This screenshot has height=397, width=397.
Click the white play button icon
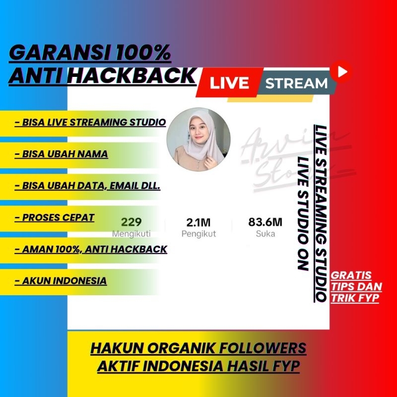coord(341,71)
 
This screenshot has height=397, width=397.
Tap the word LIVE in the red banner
coord(229,83)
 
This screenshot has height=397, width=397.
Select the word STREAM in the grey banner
coord(296,83)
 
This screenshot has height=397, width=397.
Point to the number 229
coord(132,222)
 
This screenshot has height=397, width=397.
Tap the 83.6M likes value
coord(265,222)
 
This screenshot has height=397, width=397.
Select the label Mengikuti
coord(132,234)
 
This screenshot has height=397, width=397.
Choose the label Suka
coord(265,234)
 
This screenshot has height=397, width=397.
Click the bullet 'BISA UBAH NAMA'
coord(62,154)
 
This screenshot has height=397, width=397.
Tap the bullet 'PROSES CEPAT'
coord(55,217)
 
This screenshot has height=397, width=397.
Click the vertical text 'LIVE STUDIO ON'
coord(301,213)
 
